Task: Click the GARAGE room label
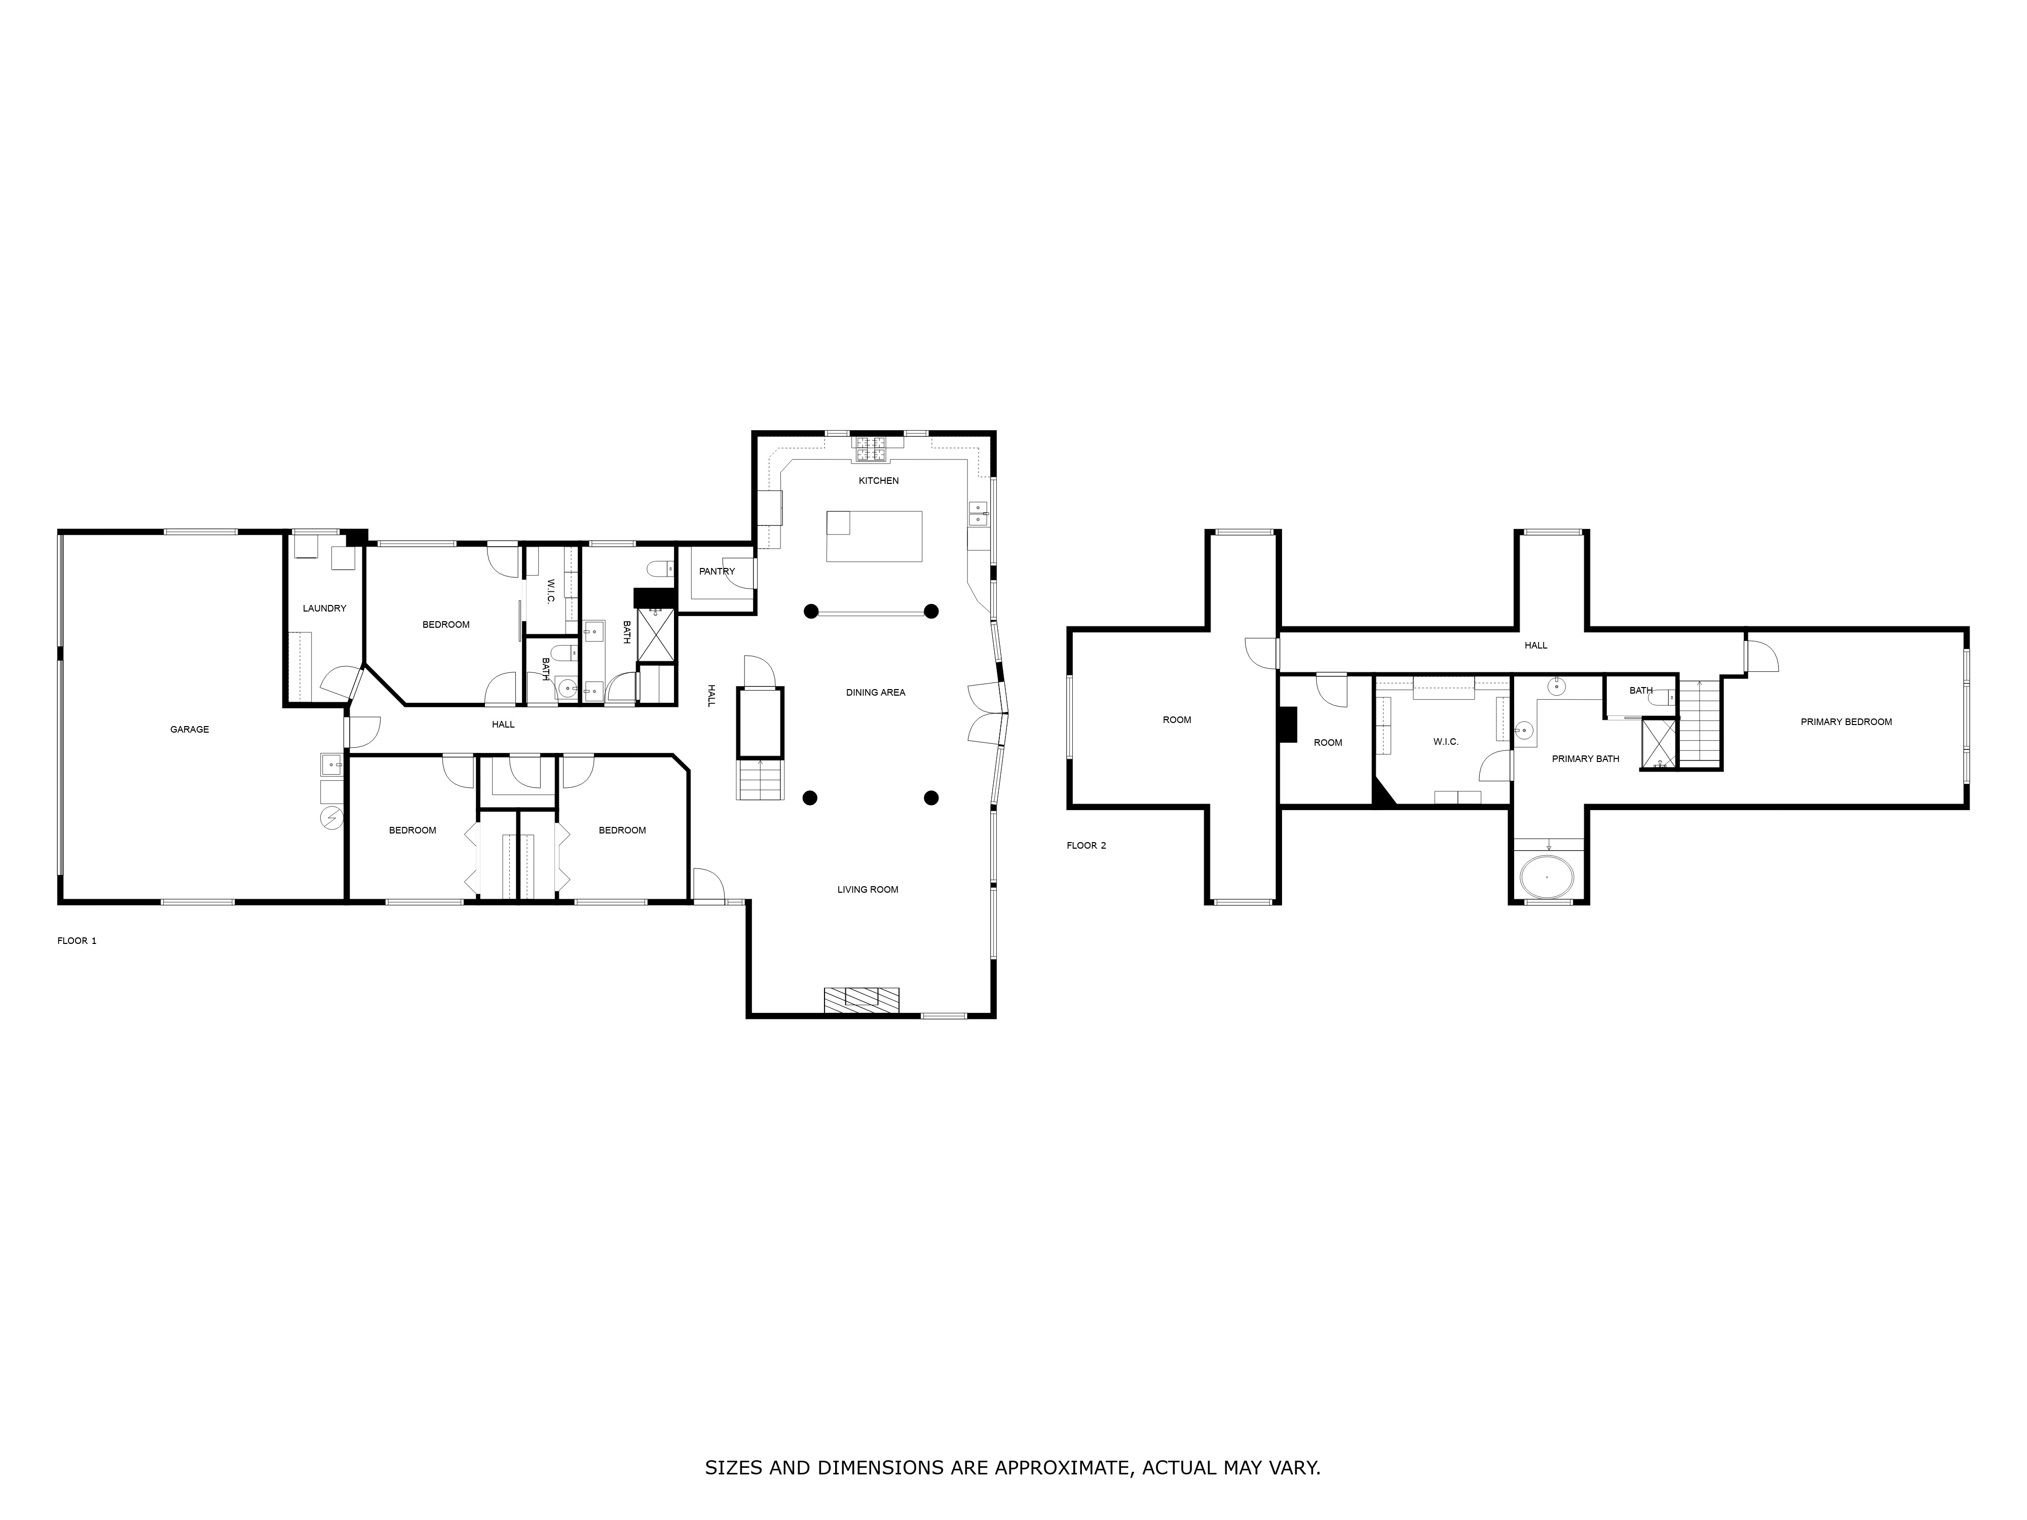(190, 729)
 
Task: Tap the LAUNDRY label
(324, 609)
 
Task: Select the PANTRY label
(717, 572)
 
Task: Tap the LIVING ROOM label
(867, 890)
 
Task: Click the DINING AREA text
(875, 693)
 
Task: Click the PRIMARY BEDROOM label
(1846, 722)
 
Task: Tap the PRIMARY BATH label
(1585, 758)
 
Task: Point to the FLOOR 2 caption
(1086, 846)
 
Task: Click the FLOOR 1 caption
(77, 941)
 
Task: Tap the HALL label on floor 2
(1536, 646)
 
